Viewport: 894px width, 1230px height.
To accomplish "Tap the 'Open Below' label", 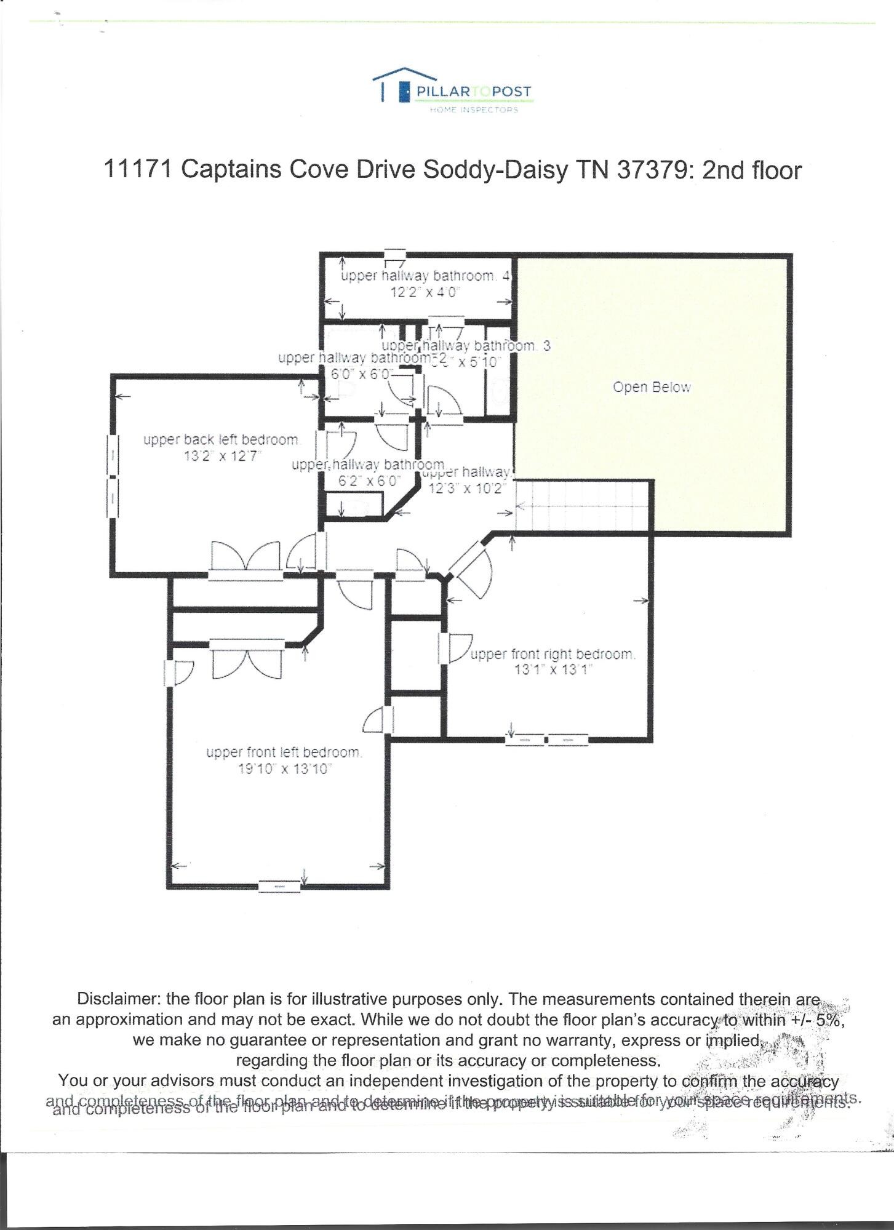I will click(x=652, y=388).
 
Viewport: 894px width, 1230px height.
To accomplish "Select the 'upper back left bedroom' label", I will click(x=221, y=440).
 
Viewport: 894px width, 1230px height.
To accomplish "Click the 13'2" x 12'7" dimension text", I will click(x=223, y=457).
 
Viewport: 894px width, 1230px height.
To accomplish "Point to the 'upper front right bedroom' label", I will click(x=553, y=654).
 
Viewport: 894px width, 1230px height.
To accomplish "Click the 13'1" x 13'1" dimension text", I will click(x=553, y=669).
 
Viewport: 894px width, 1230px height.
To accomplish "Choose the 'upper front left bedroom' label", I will click(x=284, y=752).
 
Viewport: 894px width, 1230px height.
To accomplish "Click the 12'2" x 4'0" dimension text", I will click(x=426, y=292).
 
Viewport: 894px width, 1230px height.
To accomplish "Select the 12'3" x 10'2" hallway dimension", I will click(x=467, y=489).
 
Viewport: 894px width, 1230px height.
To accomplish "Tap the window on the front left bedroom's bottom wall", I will click(x=279, y=886).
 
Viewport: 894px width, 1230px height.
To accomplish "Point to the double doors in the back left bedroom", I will click(x=245, y=558).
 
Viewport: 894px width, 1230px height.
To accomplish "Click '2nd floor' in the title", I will click(x=752, y=169).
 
